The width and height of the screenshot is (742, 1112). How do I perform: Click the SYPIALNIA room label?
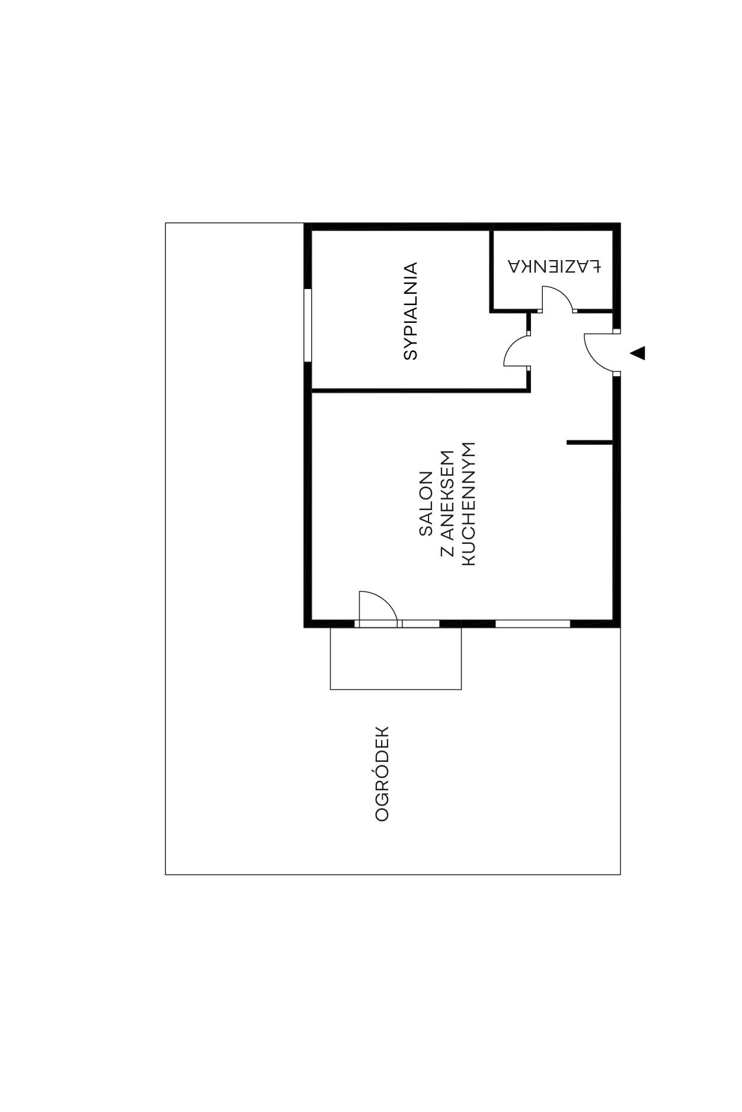(x=410, y=311)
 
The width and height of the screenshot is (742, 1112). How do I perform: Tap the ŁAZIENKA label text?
(x=554, y=266)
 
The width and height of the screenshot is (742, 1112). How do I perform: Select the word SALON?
(x=426, y=504)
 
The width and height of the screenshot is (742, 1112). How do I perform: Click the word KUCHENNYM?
(x=468, y=504)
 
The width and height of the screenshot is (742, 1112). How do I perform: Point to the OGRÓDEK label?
(x=382, y=774)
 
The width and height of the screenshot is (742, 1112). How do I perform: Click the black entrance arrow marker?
(x=638, y=353)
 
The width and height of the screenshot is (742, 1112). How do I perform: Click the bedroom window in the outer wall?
(x=308, y=325)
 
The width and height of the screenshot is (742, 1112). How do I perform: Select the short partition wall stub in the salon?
(x=590, y=442)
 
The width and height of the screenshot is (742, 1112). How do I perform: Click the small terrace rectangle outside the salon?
(x=396, y=689)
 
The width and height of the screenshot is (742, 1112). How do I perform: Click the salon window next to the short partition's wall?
(x=533, y=623)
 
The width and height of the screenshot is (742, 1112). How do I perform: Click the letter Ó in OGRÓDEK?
(x=382, y=774)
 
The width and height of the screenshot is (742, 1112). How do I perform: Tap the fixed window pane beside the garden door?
(x=421, y=623)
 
